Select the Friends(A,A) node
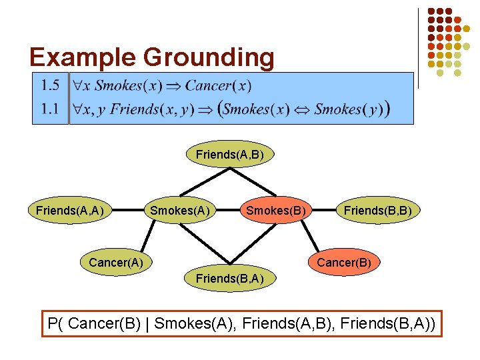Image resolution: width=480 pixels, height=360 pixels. (69, 211)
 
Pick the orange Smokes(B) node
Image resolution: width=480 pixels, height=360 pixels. (276, 211)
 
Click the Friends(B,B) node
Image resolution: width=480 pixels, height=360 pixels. (377, 211)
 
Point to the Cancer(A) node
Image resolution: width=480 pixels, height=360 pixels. (116, 262)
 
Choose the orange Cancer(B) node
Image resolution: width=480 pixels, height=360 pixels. (343, 262)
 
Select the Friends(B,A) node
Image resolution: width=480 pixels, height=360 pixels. (230, 278)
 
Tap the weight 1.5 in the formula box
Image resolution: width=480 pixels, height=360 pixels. (50, 85)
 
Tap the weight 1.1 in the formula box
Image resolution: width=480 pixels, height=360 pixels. (50, 109)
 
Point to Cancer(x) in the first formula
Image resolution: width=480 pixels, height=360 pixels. (218, 85)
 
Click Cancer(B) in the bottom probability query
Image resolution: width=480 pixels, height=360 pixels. (109, 325)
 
